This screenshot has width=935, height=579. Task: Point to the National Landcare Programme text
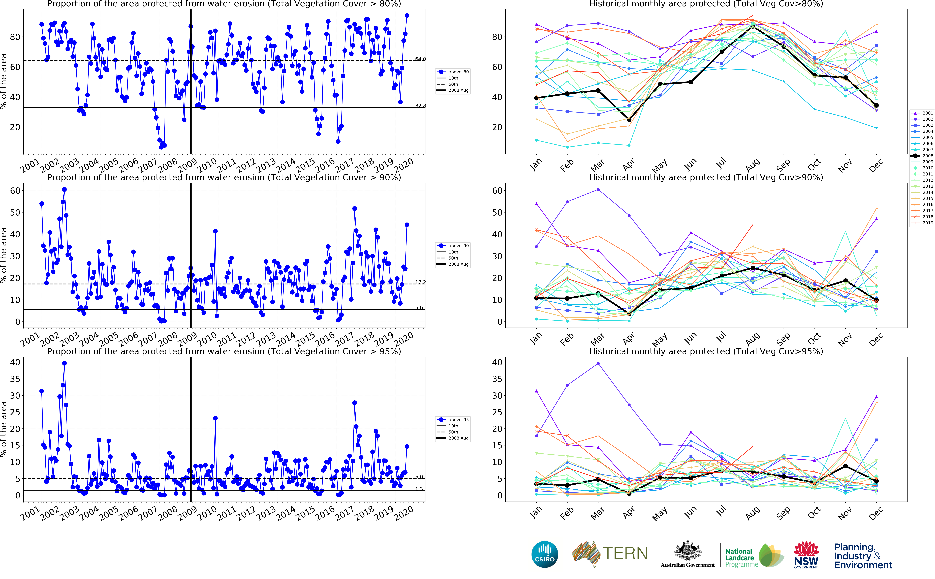741,558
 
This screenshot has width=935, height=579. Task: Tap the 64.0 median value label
420,59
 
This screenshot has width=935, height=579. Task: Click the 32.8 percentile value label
420,106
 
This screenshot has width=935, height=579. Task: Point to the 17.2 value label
420,282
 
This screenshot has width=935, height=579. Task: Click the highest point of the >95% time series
64,363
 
